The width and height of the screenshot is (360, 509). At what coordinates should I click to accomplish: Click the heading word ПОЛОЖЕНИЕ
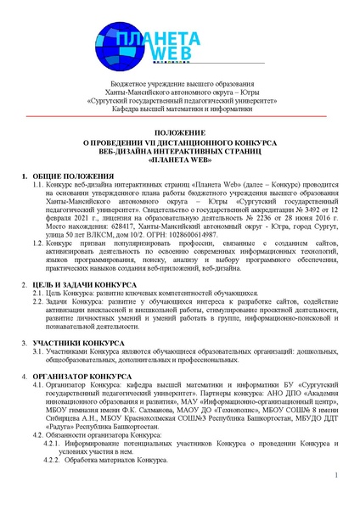click(180, 133)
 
